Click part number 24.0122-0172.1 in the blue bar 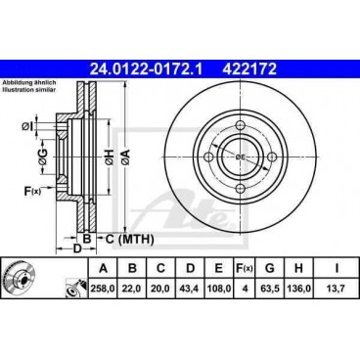coord(146,69)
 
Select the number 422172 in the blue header coord(249,69)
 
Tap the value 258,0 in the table coord(103,289)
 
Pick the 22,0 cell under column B coord(132,289)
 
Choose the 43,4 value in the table coord(190,289)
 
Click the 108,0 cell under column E coord(219,289)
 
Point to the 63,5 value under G coord(270,289)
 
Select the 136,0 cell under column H coord(298,289)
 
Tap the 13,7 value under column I coord(337,289)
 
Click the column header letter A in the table coord(103,268)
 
